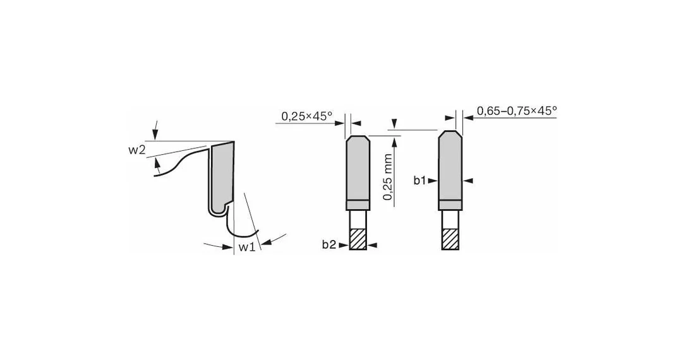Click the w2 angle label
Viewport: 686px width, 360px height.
coord(136,150)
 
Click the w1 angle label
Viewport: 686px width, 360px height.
coord(247,247)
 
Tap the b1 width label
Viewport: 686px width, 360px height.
coord(419,180)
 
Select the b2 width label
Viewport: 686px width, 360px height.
coord(329,245)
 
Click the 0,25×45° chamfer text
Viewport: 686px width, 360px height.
coord(307,116)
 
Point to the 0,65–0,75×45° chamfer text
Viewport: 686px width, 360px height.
coord(517,111)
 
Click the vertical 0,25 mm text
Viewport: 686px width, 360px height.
coord(388,177)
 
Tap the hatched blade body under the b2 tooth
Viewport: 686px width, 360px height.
coord(358,239)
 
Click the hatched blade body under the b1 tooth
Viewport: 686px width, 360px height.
coord(450,239)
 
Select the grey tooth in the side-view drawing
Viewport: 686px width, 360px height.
coord(222,175)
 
